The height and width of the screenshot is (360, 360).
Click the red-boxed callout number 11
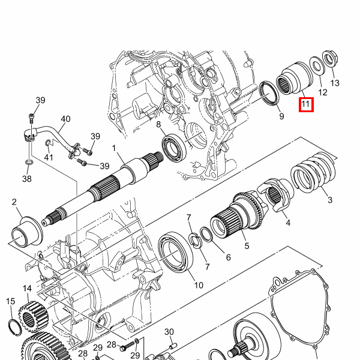click(306, 104)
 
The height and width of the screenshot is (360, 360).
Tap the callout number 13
click(335, 83)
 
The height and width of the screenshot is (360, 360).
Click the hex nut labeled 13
click(330, 59)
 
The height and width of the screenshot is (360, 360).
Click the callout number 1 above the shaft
click(114, 148)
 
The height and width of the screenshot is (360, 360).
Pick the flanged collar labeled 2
click(27, 231)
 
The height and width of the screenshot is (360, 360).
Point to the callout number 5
click(247, 246)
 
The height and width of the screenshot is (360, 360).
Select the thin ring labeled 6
click(206, 235)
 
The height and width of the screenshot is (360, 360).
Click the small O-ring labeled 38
click(28, 163)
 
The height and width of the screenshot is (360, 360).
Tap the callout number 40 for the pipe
click(65, 119)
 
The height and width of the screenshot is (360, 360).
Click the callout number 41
click(49, 157)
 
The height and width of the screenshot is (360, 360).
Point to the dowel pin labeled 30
click(174, 346)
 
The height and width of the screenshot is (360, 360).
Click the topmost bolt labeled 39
click(32, 118)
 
